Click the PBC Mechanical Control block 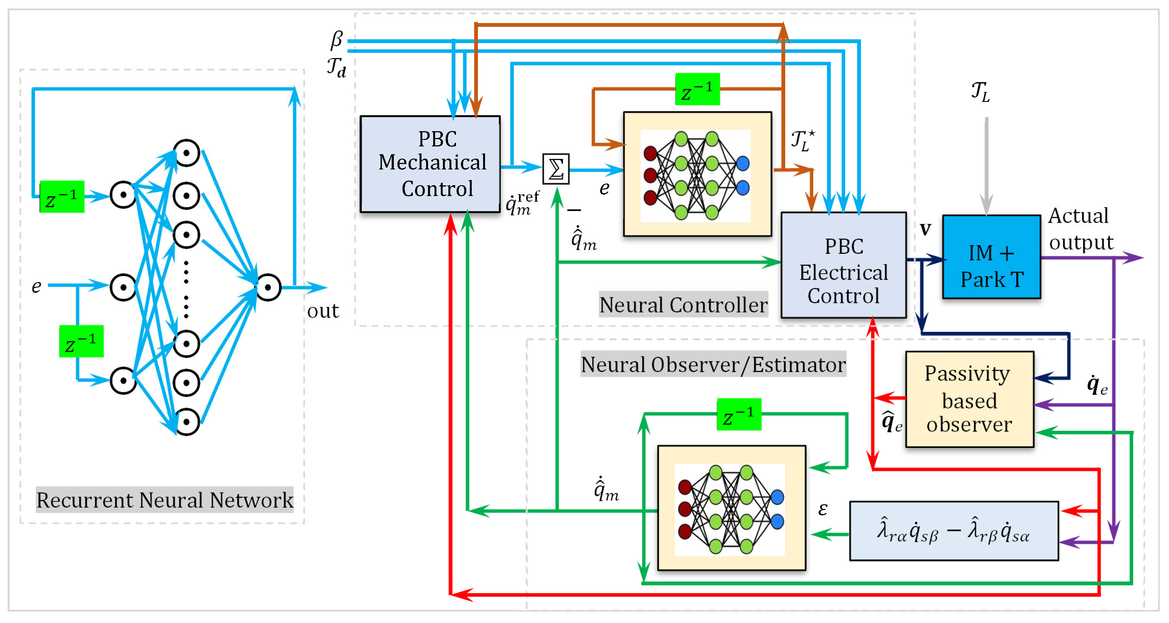pyautogui.click(x=430, y=164)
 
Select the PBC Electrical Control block pyautogui.click(x=844, y=265)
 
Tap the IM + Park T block pyautogui.click(x=991, y=257)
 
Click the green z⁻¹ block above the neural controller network pyautogui.click(x=698, y=89)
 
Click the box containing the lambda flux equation pyautogui.click(x=954, y=531)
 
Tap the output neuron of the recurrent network pyautogui.click(x=269, y=287)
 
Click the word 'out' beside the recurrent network pyautogui.click(x=323, y=311)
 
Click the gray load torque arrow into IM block pyautogui.click(x=987, y=166)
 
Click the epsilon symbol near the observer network pyautogui.click(x=823, y=510)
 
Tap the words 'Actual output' pyautogui.click(x=1081, y=229)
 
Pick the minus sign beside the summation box pyautogui.click(x=574, y=210)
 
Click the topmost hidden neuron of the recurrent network pyautogui.click(x=186, y=153)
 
